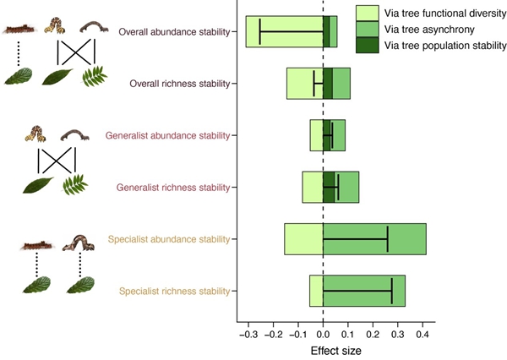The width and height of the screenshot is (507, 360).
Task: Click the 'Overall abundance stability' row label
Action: click(x=175, y=32)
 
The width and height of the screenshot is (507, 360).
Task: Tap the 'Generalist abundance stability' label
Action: click(x=168, y=135)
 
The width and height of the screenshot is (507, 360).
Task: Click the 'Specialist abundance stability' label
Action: click(x=169, y=239)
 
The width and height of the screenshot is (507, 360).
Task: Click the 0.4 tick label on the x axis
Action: click(x=423, y=335)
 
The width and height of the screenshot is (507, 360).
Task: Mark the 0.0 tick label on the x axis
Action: click(x=324, y=335)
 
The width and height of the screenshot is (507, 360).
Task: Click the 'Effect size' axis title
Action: click(x=336, y=350)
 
